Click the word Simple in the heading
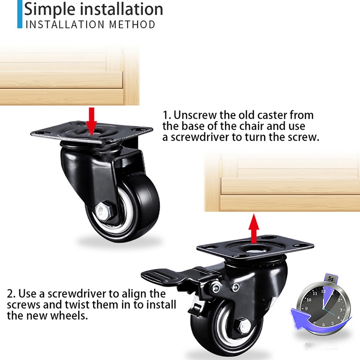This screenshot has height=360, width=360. pyautogui.click(x=50, y=9)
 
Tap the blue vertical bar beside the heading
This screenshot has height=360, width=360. pyautogui.click(x=20, y=14)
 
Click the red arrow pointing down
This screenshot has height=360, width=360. pyautogui.click(x=92, y=121)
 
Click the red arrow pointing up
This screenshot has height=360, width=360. pyautogui.click(x=254, y=229)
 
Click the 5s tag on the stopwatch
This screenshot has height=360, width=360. pyautogui.click(x=330, y=279)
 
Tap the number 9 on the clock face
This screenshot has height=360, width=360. pyautogui.click(x=306, y=309)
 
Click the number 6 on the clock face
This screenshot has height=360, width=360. pyautogui.click(x=324, y=324)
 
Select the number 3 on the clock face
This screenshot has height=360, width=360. pyautogui.click(x=341, y=310)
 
